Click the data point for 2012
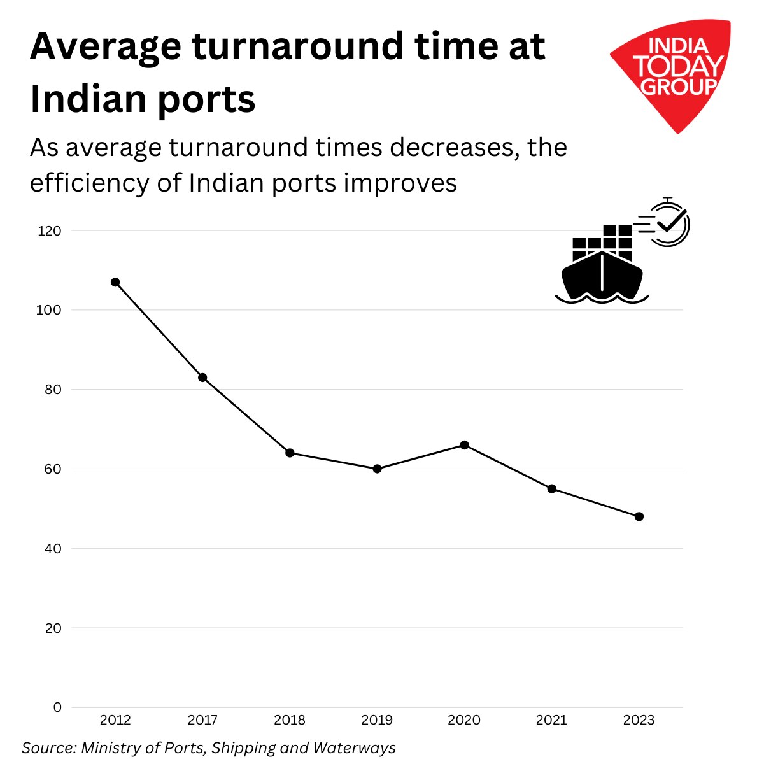point(115,282)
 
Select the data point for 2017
point(202,378)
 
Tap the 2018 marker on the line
point(290,453)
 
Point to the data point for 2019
point(377,469)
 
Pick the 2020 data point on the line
point(464,445)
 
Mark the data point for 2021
point(552,488)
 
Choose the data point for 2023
point(639,516)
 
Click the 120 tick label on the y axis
point(50,230)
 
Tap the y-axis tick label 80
point(53,390)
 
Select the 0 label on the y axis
point(57,707)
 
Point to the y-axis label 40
point(53,548)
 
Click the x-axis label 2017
point(202,720)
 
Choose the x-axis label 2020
point(464,720)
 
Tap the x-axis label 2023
point(639,720)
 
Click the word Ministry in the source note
point(109,747)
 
